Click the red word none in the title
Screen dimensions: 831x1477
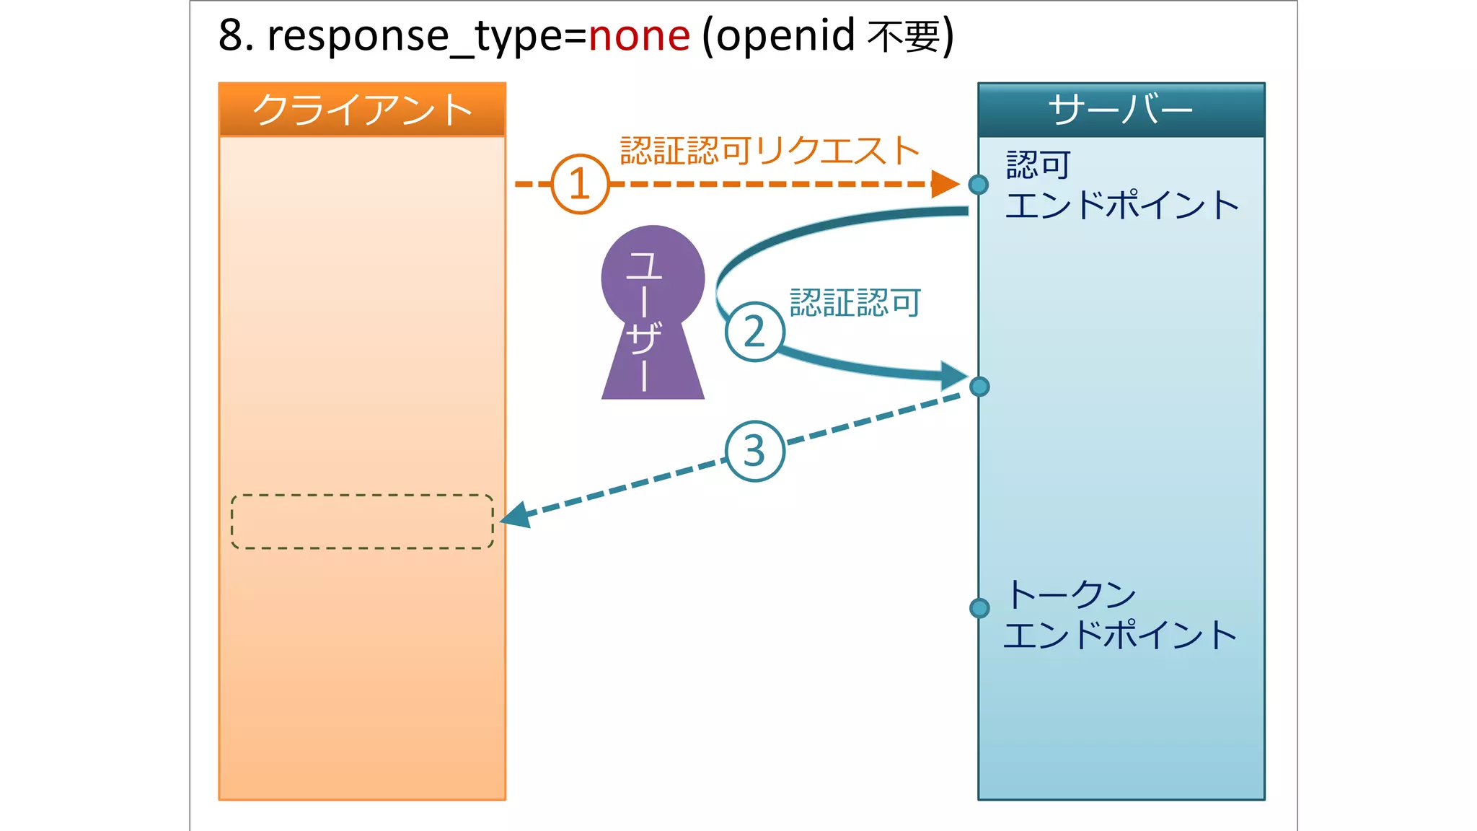[x=639, y=36]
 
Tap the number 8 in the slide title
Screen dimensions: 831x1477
[x=231, y=36]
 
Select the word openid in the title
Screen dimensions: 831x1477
[x=785, y=36]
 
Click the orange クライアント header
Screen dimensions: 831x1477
[x=362, y=110]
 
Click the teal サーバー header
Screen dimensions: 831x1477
[x=1121, y=110]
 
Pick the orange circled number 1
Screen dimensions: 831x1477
[x=580, y=184]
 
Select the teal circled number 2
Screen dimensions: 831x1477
[x=754, y=331]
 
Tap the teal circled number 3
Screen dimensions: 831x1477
[x=754, y=451]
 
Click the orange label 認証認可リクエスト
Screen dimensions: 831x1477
[x=770, y=151]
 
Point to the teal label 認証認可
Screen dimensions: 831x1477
[x=855, y=302]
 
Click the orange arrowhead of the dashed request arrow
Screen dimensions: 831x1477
[x=945, y=184]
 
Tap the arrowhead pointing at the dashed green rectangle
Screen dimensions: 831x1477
[x=516, y=515]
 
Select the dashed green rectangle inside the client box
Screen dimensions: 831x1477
[x=362, y=522]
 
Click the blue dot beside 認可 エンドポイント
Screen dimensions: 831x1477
[x=979, y=185]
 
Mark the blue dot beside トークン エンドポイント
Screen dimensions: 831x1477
[x=979, y=608]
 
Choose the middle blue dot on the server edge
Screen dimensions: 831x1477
[x=979, y=387]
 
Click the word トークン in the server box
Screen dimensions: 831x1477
[x=1072, y=594]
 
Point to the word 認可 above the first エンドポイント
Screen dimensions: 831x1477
[x=1039, y=165]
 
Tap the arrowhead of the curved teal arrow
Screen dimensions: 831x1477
[x=953, y=375]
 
